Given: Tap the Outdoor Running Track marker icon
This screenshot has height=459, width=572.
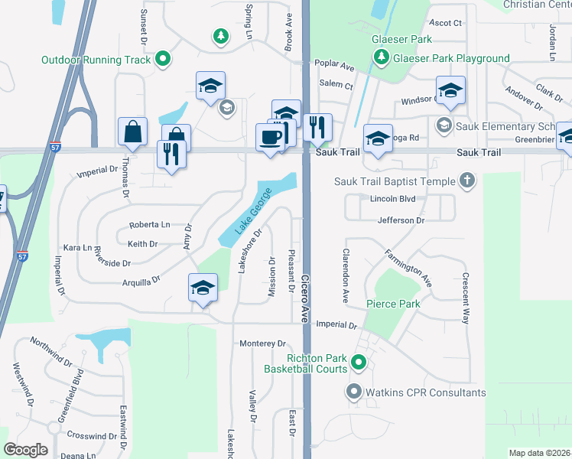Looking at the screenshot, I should pyautogui.click(x=162, y=59).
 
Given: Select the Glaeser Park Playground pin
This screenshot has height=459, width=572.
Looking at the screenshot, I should pyautogui.click(x=381, y=57).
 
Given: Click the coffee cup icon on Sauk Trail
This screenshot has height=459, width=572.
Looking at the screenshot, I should pyautogui.click(x=270, y=137).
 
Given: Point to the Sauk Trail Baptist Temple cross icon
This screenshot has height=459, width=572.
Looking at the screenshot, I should pyautogui.click(x=466, y=181).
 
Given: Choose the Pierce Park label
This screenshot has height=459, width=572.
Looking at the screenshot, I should pyautogui.click(x=393, y=304).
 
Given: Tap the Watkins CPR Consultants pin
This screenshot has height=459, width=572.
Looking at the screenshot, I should pyautogui.click(x=353, y=392).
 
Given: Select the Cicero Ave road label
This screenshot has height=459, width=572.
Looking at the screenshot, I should pyautogui.click(x=305, y=298).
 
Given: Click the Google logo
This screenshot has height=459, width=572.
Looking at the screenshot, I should pyautogui.click(x=25, y=450).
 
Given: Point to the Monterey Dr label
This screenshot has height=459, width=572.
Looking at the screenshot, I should pyautogui.click(x=262, y=344).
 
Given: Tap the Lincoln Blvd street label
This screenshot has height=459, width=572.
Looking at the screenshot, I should pyautogui.click(x=392, y=199).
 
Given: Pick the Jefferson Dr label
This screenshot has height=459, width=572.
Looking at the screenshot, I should pyautogui.click(x=401, y=220).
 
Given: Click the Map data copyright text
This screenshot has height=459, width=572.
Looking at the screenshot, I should pyautogui.click(x=538, y=453).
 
